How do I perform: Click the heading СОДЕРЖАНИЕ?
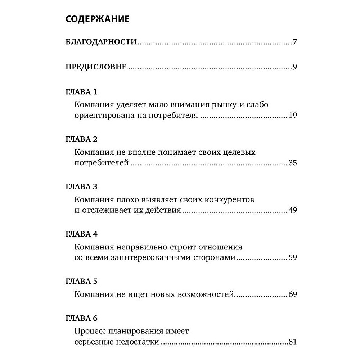point(98,19)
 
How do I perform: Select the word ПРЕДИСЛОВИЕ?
point(96,67)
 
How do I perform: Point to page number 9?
point(294,67)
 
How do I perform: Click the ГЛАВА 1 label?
point(81,92)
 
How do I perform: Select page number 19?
point(292,116)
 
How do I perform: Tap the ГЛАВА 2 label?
point(82,139)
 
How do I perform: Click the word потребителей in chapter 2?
point(102,163)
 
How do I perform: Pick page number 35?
point(292,163)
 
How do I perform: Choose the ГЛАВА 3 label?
point(82,187)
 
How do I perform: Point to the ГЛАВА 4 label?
point(82,234)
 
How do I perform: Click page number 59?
point(292,258)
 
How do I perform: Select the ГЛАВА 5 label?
point(82,282)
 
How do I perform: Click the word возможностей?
point(206,295)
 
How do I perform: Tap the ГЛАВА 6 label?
point(82,318)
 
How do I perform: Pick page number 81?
point(292,342)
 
